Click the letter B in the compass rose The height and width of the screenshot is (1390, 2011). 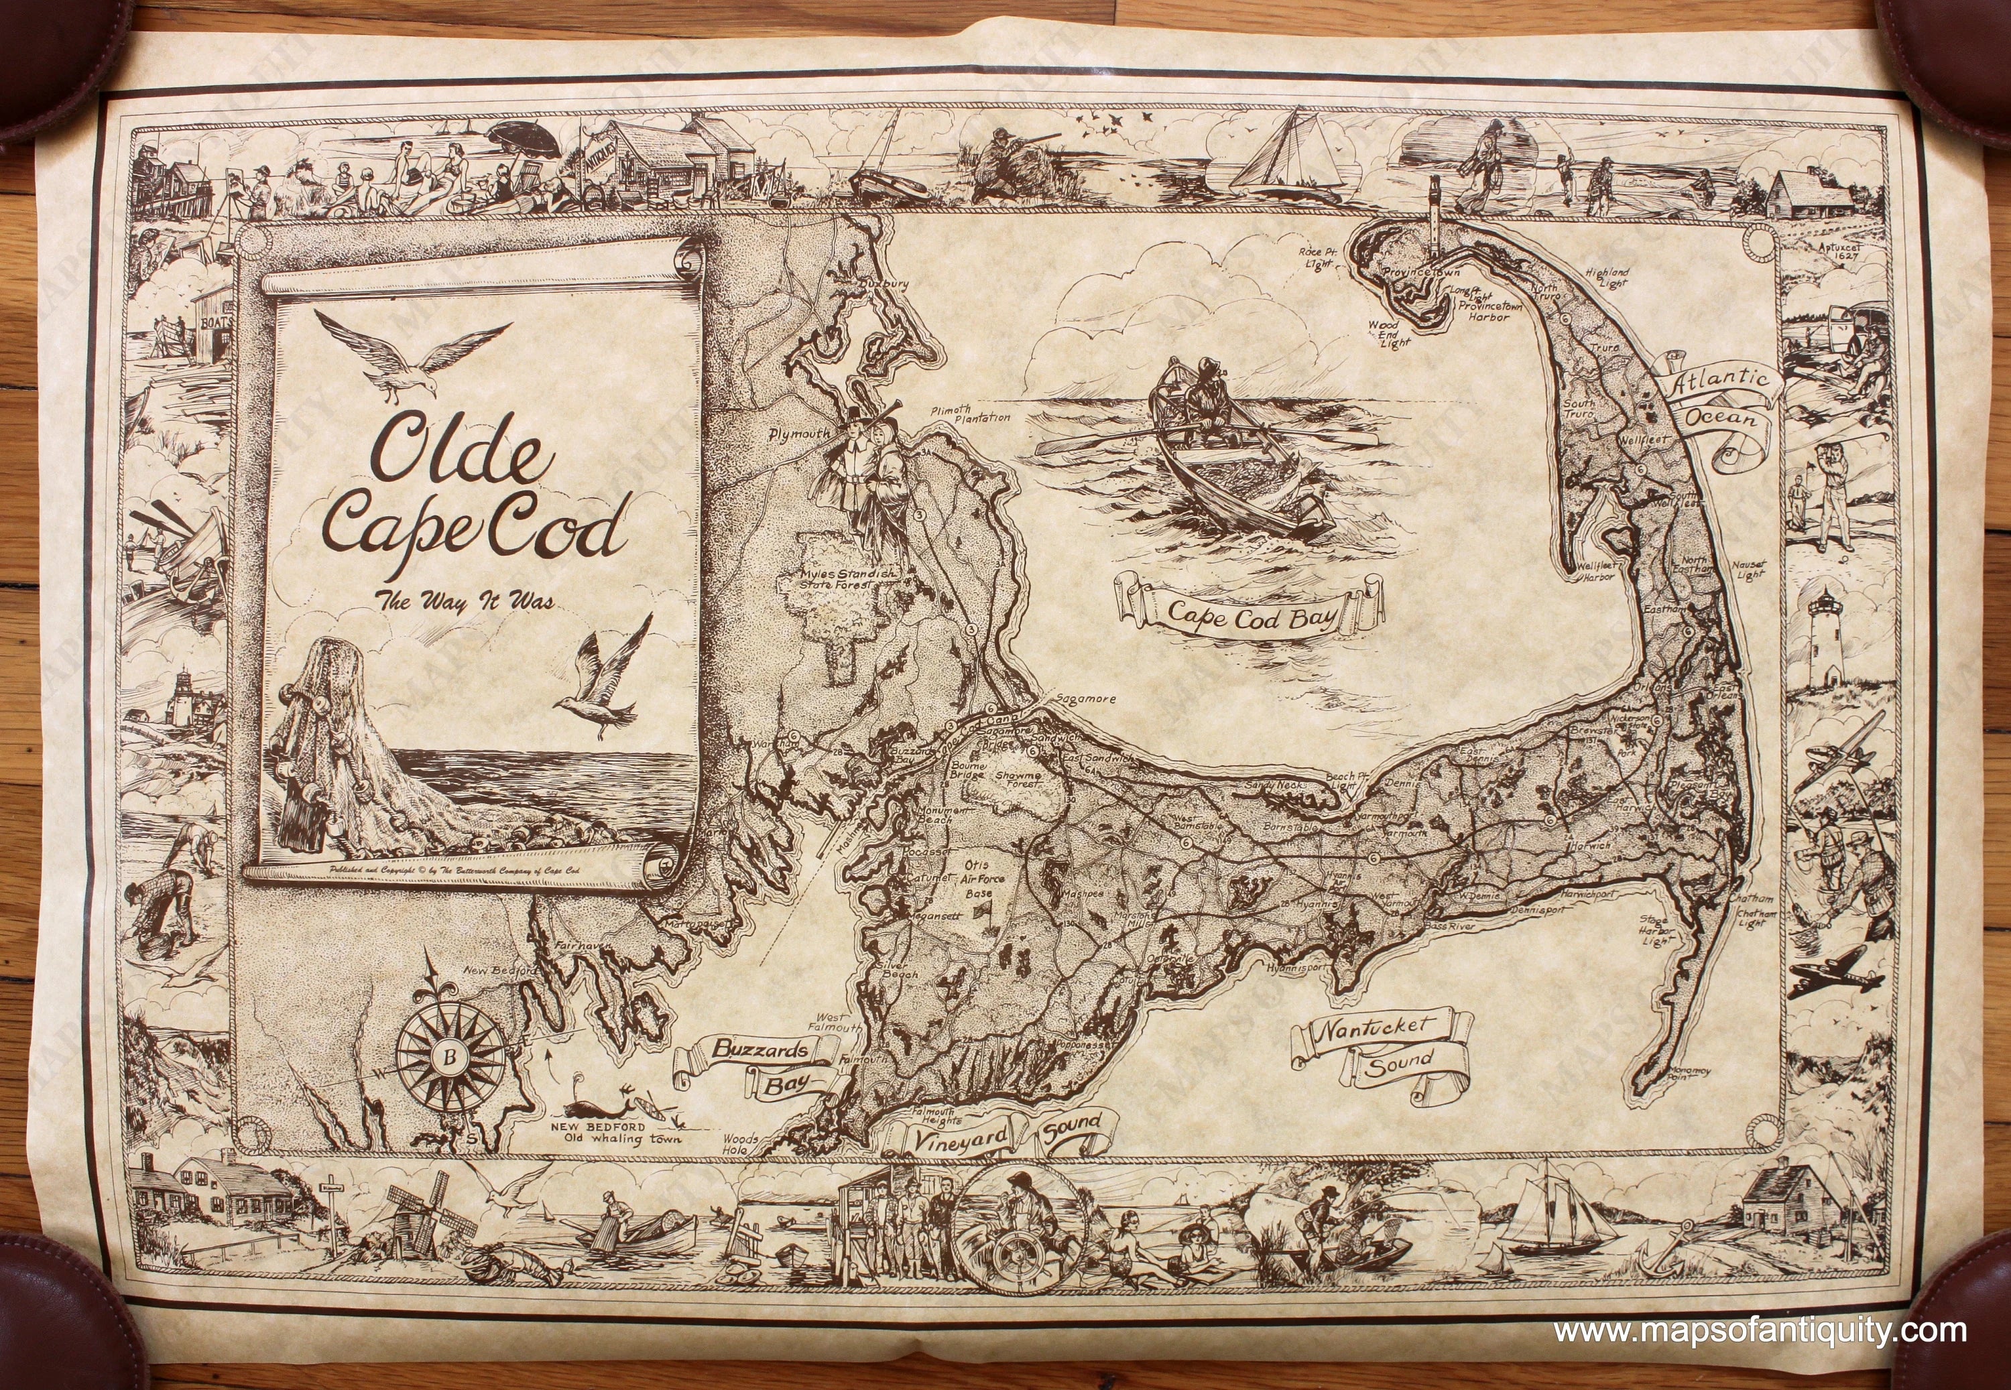[449, 1060]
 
